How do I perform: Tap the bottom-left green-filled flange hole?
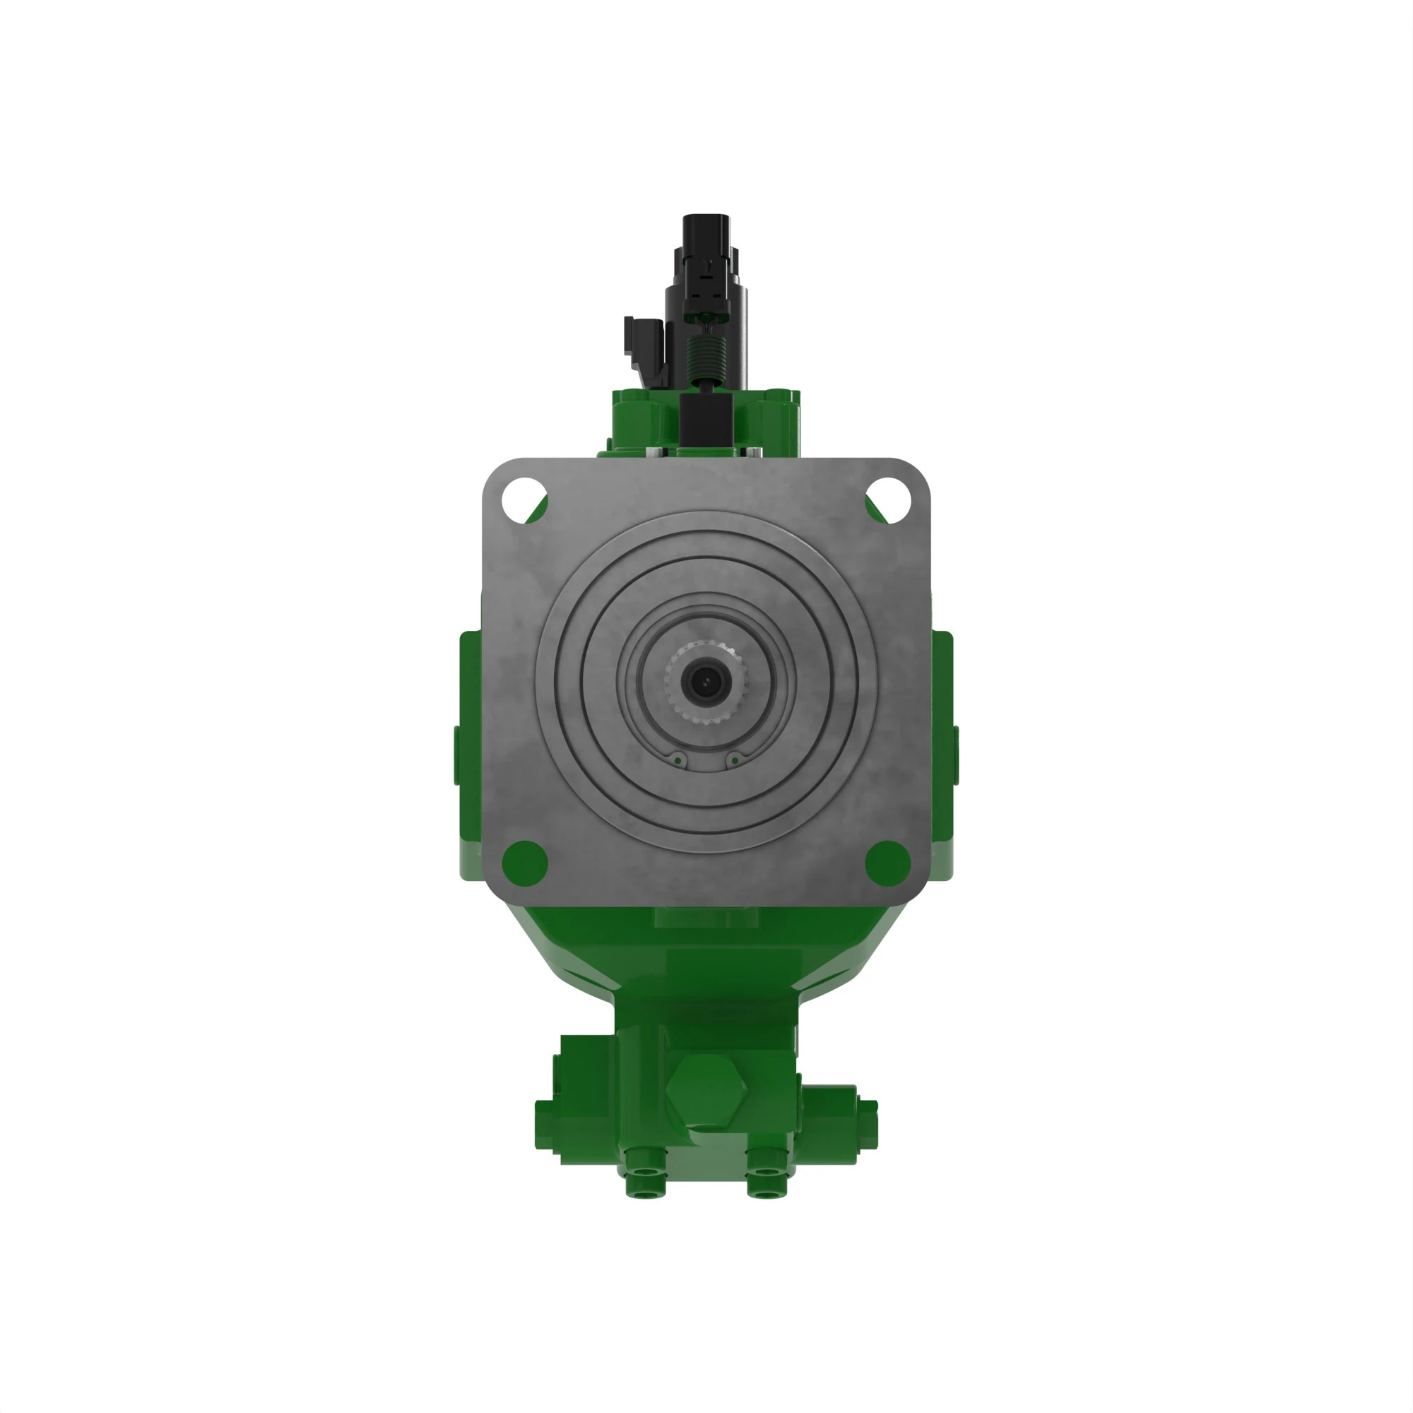coord(525,862)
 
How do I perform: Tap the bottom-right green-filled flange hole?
coord(887,862)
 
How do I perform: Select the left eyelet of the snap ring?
coord(678,762)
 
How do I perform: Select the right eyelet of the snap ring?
coord(734,762)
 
